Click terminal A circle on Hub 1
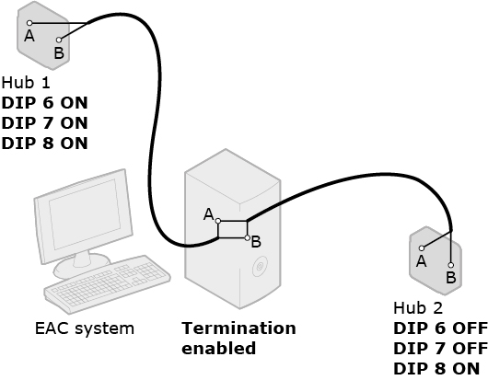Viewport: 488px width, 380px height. coord(29,23)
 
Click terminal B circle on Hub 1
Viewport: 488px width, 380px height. coord(59,40)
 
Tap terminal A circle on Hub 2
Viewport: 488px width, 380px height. coord(422,248)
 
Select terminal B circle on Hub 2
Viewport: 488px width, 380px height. coord(451,265)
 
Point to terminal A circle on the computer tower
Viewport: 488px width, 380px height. coord(218,221)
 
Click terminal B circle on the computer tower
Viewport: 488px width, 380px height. coord(247,238)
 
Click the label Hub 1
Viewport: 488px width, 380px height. coord(26,83)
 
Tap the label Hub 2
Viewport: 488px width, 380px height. coord(418,308)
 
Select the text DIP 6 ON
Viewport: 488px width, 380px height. coord(44,103)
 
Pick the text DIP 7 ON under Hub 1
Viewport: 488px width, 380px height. coord(44,123)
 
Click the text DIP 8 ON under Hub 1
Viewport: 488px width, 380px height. coord(44,144)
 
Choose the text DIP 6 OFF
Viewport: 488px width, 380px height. coord(440,328)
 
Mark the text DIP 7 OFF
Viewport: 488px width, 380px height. coord(440,349)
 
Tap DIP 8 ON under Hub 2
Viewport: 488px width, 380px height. coord(436,368)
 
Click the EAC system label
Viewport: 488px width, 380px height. coord(85,328)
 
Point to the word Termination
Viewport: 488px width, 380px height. coord(238,328)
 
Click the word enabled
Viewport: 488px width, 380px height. coord(219,349)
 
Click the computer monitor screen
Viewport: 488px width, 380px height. coord(85,214)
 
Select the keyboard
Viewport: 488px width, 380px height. coord(108,283)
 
